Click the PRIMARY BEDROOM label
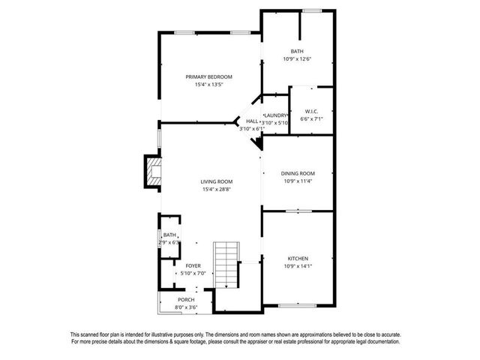(209, 77)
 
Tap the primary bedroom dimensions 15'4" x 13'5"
(209, 85)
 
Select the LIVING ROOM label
(216, 181)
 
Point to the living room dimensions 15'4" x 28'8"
(216, 189)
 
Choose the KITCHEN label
(297, 259)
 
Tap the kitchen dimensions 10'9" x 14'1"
(297, 266)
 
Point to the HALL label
(252, 121)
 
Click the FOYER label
(193, 265)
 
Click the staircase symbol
(225, 265)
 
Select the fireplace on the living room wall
(153, 171)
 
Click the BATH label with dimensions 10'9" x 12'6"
(297, 51)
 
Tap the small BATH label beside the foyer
(170, 235)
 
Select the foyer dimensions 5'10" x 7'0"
(193, 273)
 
